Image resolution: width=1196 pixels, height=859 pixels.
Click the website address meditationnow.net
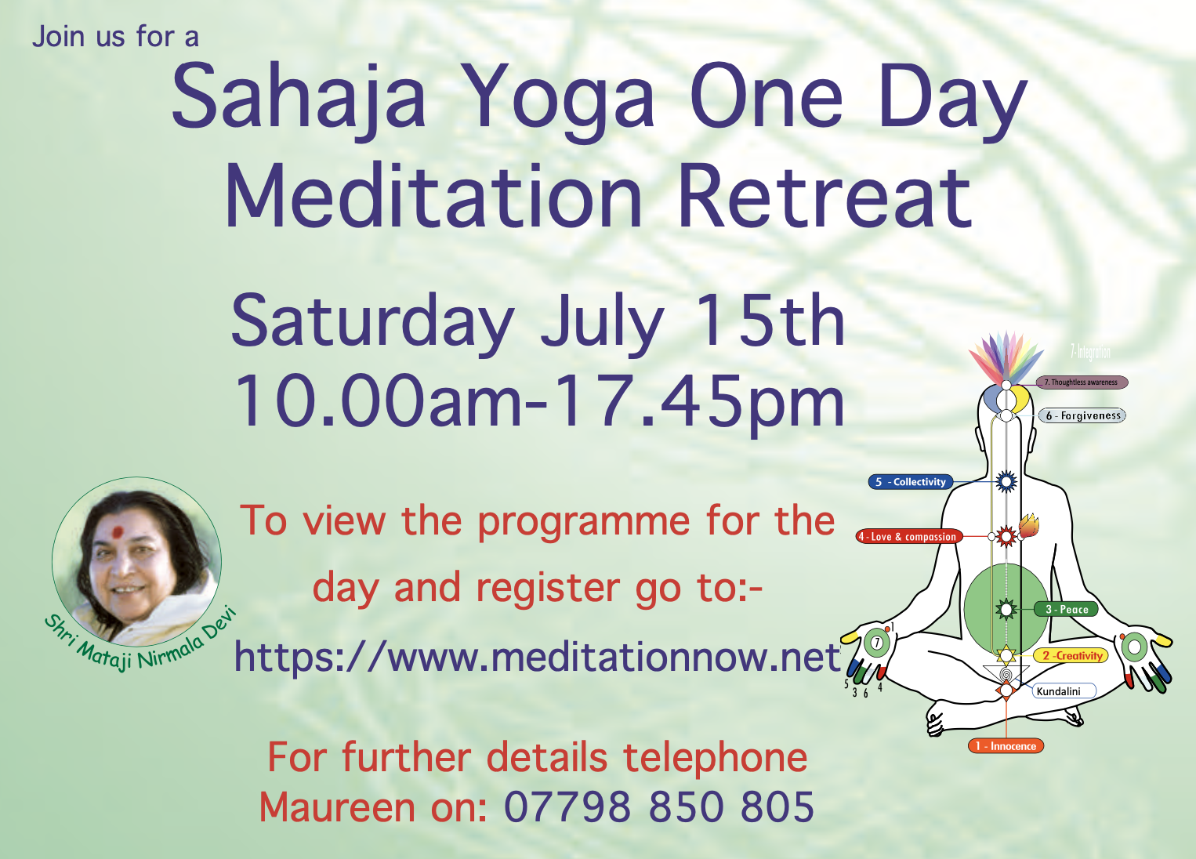(x=536, y=656)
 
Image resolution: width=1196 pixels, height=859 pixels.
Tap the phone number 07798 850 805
(x=658, y=807)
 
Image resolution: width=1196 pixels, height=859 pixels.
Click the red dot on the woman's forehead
(x=118, y=533)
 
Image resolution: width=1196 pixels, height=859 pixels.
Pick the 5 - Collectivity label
(x=911, y=482)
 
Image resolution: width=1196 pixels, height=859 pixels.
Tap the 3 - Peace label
(x=1067, y=609)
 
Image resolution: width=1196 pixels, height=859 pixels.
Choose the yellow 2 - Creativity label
(x=1071, y=655)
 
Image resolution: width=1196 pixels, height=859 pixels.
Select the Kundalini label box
(x=1063, y=691)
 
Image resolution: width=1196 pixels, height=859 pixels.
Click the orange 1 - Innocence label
(x=1006, y=746)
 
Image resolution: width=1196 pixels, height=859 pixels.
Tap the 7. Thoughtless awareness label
(x=1082, y=382)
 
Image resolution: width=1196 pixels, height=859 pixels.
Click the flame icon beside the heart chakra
(x=1028, y=525)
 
